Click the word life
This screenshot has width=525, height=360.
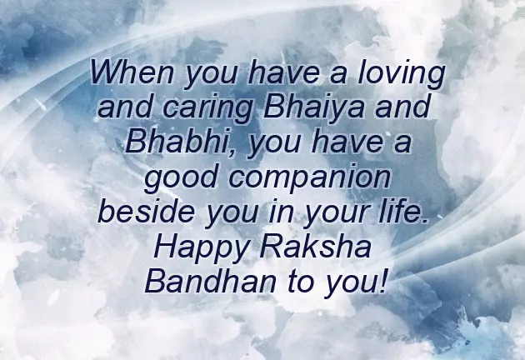tap(405, 211)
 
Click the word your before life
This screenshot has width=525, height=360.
tap(340, 212)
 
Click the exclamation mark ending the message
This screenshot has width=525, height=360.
tap(382, 280)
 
